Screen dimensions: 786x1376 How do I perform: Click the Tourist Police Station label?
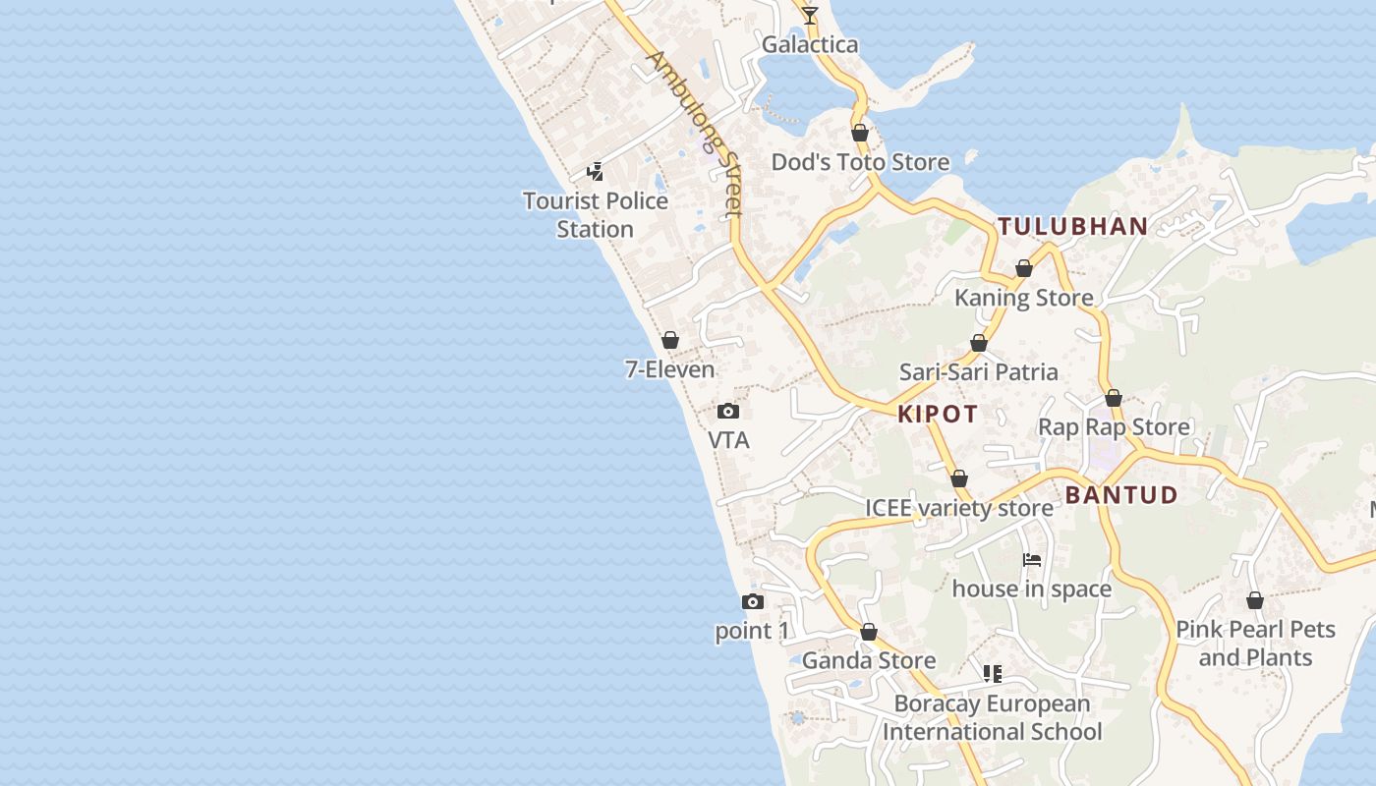(x=595, y=214)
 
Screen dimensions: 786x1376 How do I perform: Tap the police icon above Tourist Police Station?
(x=595, y=172)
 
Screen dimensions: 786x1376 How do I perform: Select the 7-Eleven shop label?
(x=669, y=369)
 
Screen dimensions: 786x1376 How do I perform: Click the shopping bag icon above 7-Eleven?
(x=670, y=340)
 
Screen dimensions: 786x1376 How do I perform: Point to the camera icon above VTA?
(x=728, y=411)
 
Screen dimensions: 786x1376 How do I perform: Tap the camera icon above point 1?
(x=753, y=601)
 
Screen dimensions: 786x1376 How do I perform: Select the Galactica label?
(x=810, y=44)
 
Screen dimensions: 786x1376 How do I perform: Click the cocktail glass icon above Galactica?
(x=810, y=16)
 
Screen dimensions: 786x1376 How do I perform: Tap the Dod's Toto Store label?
(x=860, y=162)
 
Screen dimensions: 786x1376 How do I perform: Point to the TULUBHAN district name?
(x=1073, y=226)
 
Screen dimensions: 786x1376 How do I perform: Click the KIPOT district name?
(x=938, y=414)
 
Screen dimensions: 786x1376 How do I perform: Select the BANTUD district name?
(x=1121, y=494)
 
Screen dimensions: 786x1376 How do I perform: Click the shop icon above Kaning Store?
(x=1024, y=268)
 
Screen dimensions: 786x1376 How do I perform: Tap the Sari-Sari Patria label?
(x=979, y=371)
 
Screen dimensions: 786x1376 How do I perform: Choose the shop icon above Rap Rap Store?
(x=1114, y=398)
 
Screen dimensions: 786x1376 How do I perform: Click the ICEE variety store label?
(x=959, y=508)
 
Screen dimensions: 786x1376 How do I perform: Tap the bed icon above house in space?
(x=1032, y=560)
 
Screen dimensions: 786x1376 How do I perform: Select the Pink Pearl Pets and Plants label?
(x=1255, y=643)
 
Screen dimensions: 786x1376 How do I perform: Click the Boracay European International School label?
(x=992, y=717)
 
